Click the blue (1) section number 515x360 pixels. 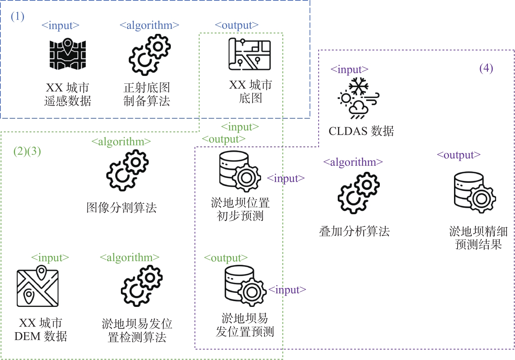coord(17,16)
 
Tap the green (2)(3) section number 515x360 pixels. coord(27,151)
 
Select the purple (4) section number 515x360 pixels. coord(486,68)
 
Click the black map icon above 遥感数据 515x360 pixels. coord(68,54)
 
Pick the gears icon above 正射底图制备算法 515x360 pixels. coord(150,55)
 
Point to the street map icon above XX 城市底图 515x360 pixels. coord(249,54)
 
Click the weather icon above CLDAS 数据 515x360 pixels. coord(358,98)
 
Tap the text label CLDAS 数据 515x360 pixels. coord(361,131)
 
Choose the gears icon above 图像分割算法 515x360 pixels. coord(127,170)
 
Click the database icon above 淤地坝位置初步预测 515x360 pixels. coord(240,171)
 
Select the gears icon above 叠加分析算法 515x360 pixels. coord(359,193)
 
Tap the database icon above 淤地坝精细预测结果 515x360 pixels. coord(475,192)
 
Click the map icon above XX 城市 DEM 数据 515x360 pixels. coord(37,286)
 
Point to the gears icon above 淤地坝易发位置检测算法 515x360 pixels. coord(142,286)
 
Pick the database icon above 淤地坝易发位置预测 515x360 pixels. coord(245,286)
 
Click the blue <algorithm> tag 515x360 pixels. coord(149,25)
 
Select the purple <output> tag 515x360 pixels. coord(459,155)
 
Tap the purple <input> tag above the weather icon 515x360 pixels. coord(350,70)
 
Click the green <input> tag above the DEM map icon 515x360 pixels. coord(50,258)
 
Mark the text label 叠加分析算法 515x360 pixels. coord(354,231)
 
